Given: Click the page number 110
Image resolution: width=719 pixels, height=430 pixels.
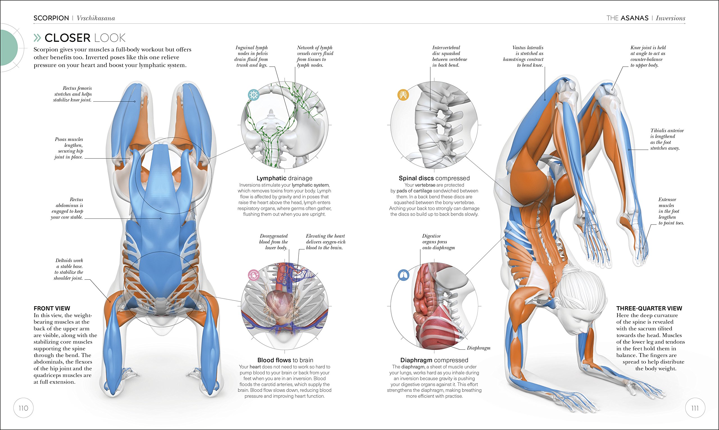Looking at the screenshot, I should (x=24, y=408).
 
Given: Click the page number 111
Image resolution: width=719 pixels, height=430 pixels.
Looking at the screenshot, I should (x=695, y=408).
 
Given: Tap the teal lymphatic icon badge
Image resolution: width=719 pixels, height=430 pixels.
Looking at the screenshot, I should (x=253, y=94).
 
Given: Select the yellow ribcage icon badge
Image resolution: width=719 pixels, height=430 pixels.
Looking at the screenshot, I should (x=403, y=94).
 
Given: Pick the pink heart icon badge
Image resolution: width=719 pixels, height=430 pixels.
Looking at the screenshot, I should (x=253, y=275).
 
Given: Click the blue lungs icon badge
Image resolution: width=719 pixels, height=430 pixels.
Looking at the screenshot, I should (x=403, y=275).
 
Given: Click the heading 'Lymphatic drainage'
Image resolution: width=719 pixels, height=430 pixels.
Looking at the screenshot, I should (x=285, y=178).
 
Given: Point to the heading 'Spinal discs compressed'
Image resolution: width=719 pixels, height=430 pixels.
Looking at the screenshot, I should (x=434, y=178).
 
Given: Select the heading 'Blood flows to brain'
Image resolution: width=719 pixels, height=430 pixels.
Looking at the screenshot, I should (x=285, y=360).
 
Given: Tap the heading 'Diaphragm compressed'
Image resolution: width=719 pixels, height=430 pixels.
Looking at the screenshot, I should (x=434, y=360).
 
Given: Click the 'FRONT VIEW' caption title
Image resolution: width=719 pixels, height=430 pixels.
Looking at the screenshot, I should (x=52, y=308).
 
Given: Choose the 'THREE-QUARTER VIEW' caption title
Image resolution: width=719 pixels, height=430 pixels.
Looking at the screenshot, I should (x=649, y=308).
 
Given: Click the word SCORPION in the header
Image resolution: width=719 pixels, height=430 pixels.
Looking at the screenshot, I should (x=51, y=18).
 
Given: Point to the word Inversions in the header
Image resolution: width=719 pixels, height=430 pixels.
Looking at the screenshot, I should (x=670, y=18).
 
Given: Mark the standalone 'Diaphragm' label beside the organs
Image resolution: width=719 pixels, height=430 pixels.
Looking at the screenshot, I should (x=479, y=348).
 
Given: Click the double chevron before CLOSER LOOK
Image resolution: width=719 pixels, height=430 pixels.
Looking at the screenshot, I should (x=38, y=38).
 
